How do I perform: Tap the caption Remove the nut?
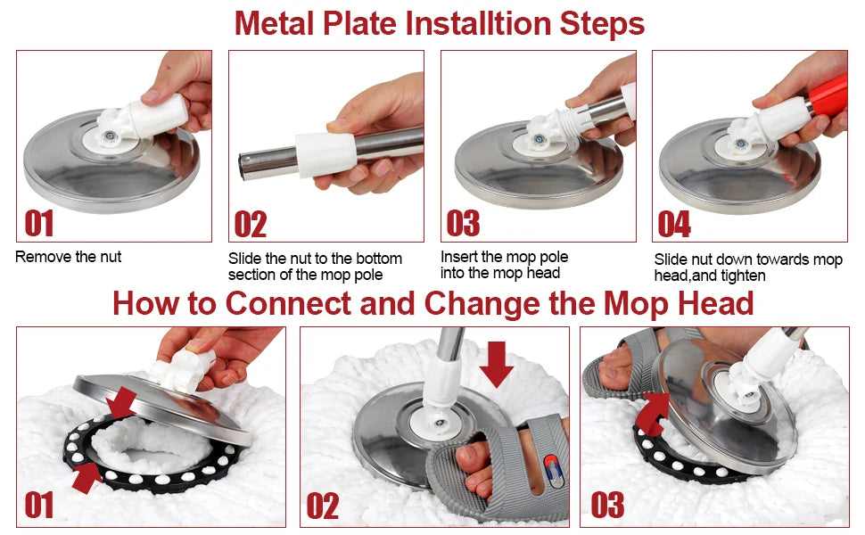point(69,257)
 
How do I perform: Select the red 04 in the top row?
point(674,224)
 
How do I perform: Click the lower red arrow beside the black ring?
point(87,476)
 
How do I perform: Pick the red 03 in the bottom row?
point(607,506)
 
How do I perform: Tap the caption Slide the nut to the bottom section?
point(315,267)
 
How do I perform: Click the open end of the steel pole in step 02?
point(246,165)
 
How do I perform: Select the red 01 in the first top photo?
point(39,223)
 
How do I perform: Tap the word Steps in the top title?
point(602,23)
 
